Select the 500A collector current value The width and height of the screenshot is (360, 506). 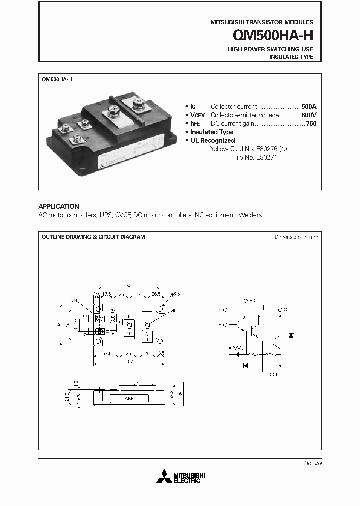pyautogui.click(x=308, y=106)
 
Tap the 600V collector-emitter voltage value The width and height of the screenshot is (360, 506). pyautogui.click(x=308, y=115)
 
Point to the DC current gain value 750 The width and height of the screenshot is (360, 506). pyautogui.click(x=311, y=123)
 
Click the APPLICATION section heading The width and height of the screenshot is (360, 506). pyautogui.click(x=59, y=206)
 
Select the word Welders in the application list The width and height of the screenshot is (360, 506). pyautogui.click(x=250, y=215)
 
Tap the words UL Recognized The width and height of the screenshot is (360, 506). pyautogui.click(x=212, y=140)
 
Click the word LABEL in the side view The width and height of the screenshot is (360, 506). pyautogui.click(x=129, y=398)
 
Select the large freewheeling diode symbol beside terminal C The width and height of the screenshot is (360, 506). pyautogui.click(x=291, y=334)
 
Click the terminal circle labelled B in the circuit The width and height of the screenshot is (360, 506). pyautogui.click(x=225, y=325)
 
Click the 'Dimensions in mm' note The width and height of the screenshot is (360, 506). pyautogui.click(x=296, y=237)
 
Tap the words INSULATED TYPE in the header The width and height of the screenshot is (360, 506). pyautogui.click(x=291, y=57)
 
